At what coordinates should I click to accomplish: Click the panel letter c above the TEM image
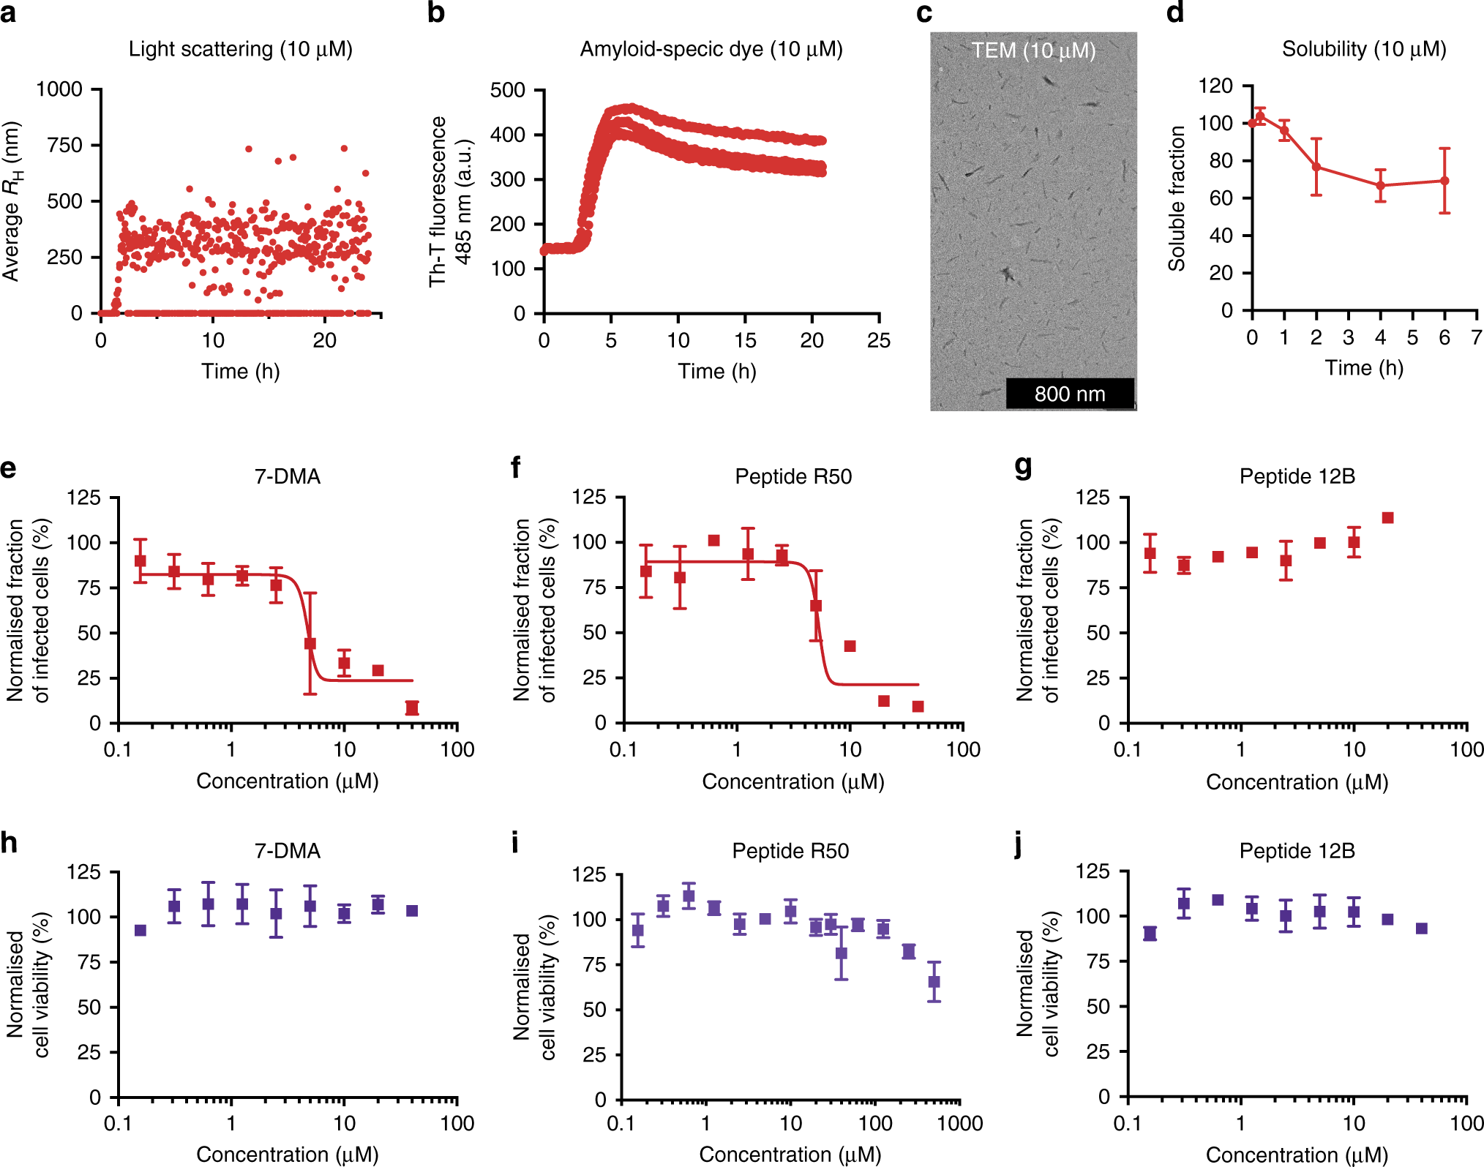[924, 14]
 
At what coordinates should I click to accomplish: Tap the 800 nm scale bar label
[1069, 394]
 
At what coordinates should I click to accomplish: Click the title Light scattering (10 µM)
[241, 49]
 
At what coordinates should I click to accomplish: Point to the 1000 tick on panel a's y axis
[59, 89]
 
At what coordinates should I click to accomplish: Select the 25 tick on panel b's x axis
[878, 340]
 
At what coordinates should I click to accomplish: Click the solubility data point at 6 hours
[1444, 181]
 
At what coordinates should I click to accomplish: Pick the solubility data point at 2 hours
[1316, 168]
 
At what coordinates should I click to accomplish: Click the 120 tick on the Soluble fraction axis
[1215, 86]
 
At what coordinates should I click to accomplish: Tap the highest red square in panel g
[1387, 518]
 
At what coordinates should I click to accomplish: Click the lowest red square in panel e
[412, 708]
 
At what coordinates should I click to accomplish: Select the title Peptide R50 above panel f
[793, 477]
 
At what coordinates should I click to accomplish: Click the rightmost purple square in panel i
[934, 982]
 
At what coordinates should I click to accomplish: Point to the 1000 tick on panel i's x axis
[959, 1123]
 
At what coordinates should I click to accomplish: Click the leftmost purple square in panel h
[140, 931]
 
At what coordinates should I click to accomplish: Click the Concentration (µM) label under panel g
[1297, 782]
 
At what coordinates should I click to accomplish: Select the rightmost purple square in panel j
[1422, 928]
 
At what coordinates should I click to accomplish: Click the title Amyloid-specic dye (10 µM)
[711, 49]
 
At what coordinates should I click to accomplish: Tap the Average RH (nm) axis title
[12, 201]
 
